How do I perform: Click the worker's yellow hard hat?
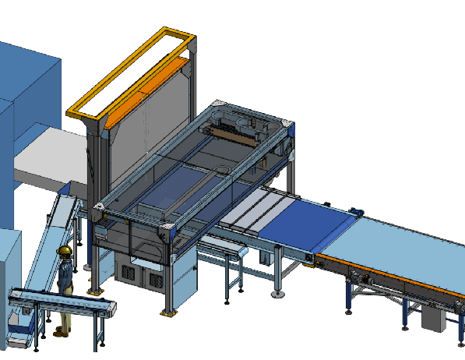66,250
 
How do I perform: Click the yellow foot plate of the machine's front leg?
165,313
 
